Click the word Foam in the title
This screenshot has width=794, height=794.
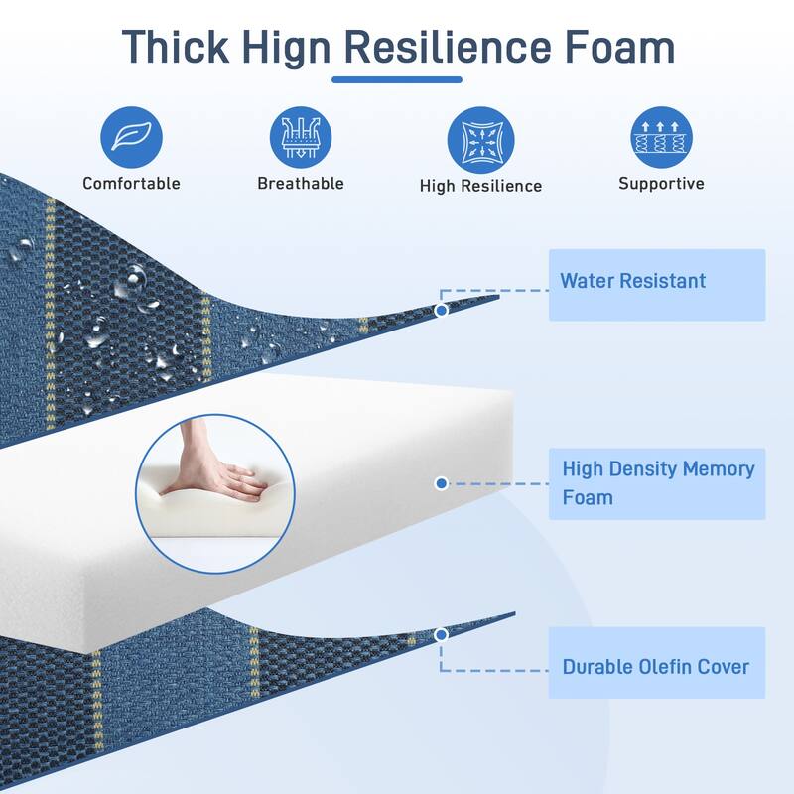pyautogui.click(x=619, y=47)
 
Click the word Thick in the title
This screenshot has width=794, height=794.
pyautogui.click(x=176, y=47)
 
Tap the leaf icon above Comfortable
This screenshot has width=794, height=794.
pyautogui.click(x=131, y=137)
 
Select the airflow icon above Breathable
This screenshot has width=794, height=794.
pyautogui.click(x=301, y=137)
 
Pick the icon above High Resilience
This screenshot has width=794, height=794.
pyautogui.click(x=480, y=140)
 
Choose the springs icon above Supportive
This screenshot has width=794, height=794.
pyautogui.click(x=661, y=137)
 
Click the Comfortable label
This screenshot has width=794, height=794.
pyautogui.click(x=131, y=183)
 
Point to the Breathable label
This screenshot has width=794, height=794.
pyautogui.click(x=301, y=183)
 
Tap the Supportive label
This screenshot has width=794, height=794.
pyautogui.click(x=661, y=184)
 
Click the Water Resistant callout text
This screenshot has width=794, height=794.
pyautogui.click(x=632, y=281)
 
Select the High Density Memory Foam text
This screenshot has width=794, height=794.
pyautogui.click(x=658, y=483)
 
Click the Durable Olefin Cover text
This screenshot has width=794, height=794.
pyautogui.click(x=656, y=667)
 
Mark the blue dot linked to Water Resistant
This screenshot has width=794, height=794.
pyautogui.click(x=441, y=310)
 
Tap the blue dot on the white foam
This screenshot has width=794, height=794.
pyautogui.click(x=441, y=483)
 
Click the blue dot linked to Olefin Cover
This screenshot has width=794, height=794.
pyautogui.click(x=441, y=635)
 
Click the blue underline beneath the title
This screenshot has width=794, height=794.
pyautogui.click(x=397, y=79)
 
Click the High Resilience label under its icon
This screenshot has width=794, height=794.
pyautogui.click(x=480, y=186)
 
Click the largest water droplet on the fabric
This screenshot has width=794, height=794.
pyautogui.click(x=133, y=282)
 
